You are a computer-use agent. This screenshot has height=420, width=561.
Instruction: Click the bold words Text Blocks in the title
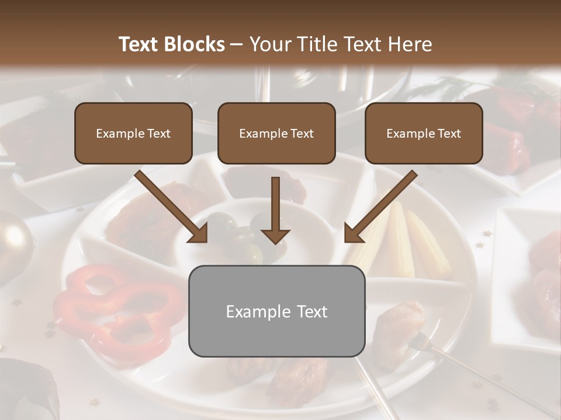click(171, 44)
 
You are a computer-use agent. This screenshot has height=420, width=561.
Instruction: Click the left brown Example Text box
click(133, 133)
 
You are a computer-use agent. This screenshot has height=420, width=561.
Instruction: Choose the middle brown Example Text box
click(276, 133)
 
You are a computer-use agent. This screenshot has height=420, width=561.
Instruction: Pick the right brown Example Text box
click(424, 133)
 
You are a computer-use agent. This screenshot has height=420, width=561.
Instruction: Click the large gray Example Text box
click(277, 311)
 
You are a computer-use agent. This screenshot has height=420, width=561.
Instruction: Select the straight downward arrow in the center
click(275, 210)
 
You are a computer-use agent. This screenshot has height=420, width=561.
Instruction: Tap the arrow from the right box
click(380, 206)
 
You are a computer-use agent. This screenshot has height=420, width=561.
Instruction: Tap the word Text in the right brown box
click(449, 134)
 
